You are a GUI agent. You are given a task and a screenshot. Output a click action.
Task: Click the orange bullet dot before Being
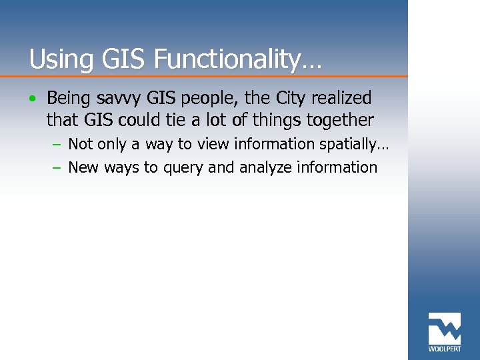point(33,99)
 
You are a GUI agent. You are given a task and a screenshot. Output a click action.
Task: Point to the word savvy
point(119,99)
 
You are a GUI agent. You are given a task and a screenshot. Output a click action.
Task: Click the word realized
point(343,98)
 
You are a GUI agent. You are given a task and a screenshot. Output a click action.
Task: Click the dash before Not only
point(57,145)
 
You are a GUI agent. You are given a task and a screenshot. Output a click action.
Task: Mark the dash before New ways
point(57,168)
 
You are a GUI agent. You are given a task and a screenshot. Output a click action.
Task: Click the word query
point(182,168)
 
